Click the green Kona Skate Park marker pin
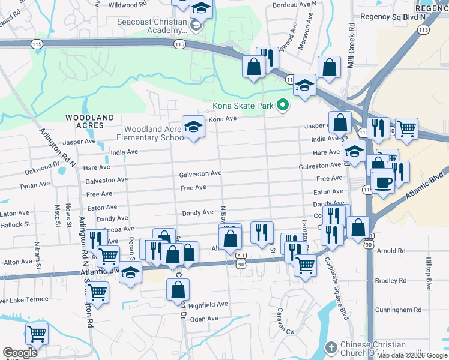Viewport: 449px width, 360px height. pyautogui.click(x=281, y=106)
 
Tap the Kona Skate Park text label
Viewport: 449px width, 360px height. pyautogui.click(x=243, y=107)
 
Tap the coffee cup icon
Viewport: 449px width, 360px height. pyautogui.click(x=382, y=182)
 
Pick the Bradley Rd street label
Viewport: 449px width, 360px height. pyautogui.click(x=390, y=280)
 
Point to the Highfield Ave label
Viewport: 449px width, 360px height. pyautogui.click(x=208, y=304)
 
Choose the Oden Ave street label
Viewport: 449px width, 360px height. pyautogui.click(x=204, y=319)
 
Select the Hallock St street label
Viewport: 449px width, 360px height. pyautogui.click(x=15, y=224)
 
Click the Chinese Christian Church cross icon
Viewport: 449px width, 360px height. pyautogui.click(x=331, y=347)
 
